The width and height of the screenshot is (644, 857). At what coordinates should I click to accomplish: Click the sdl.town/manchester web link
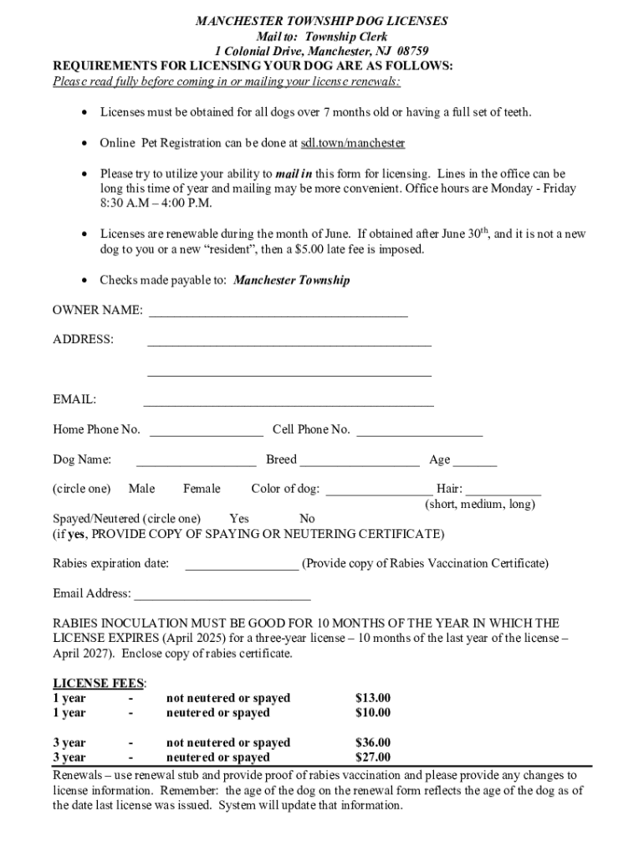(x=353, y=143)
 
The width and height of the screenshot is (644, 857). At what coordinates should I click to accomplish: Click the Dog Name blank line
(x=196, y=462)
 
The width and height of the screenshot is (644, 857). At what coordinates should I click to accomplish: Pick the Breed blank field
(x=360, y=462)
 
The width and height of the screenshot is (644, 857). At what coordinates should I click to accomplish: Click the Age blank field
(x=475, y=462)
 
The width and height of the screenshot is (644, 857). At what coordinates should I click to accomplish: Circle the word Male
(x=141, y=489)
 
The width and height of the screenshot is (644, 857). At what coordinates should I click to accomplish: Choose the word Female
(x=202, y=489)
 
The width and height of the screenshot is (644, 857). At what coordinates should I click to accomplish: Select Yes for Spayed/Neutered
(x=238, y=519)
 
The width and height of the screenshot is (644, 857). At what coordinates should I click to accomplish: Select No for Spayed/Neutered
(x=307, y=519)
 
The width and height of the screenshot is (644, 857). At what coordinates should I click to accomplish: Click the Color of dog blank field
(x=378, y=491)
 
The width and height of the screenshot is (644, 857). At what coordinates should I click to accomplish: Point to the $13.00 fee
(x=373, y=698)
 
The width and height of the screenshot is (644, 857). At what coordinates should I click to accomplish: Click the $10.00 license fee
(x=373, y=713)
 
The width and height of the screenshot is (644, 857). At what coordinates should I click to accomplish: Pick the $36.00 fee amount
(x=373, y=743)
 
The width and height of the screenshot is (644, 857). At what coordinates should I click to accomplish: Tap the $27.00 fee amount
(x=373, y=758)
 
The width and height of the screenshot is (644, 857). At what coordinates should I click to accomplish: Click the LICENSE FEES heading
(x=99, y=683)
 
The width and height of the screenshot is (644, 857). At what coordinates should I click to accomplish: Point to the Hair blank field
(x=503, y=491)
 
